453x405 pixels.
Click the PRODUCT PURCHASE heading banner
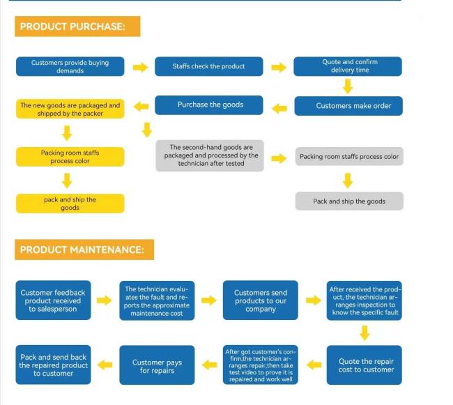[x=77, y=26]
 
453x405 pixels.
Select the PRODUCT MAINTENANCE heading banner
[x=84, y=250]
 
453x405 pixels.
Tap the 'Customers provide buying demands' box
[x=70, y=66]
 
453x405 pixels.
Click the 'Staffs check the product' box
[x=209, y=66]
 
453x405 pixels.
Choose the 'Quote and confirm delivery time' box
[x=348, y=66]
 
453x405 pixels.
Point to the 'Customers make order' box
[x=348, y=106]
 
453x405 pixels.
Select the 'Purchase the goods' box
[x=209, y=105]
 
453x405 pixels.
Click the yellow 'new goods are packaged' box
[x=70, y=109]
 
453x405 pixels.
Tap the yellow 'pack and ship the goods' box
[x=70, y=204]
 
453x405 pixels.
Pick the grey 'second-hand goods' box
[x=210, y=155]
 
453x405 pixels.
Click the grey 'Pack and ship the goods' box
[x=349, y=201]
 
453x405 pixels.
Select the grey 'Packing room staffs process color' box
[x=349, y=156]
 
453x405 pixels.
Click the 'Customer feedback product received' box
[x=53, y=300]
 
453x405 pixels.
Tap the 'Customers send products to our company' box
[x=261, y=300]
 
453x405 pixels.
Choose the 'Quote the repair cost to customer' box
[x=364, y=365]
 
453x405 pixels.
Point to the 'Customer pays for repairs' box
[x=157, y=365]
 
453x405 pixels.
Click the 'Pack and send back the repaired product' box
[x=53, y=365]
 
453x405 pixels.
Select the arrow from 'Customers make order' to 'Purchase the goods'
[x=279, y=109]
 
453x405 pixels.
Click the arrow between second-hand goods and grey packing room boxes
[x=279, y=158]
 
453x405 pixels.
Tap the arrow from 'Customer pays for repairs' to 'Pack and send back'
[x=105, y=365]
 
